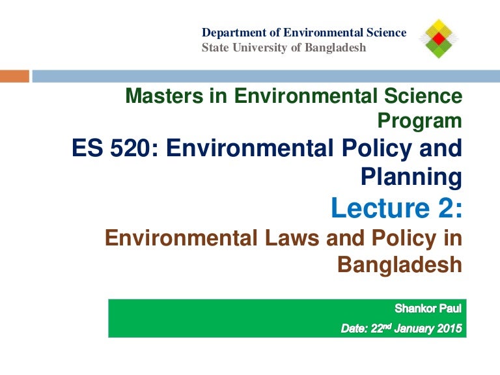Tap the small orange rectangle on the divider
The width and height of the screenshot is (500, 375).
pos(14,76)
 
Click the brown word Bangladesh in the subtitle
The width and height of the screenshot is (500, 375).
pos(400,264)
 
